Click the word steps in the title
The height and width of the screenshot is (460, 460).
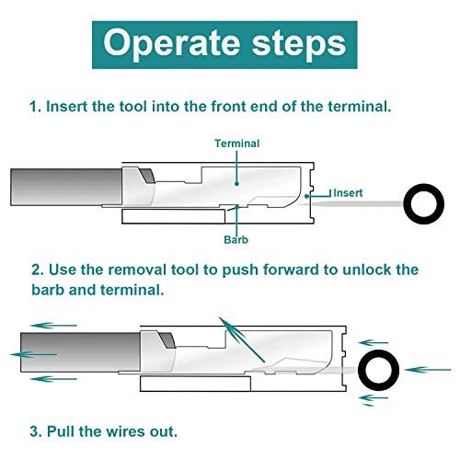click(x=299, y=43)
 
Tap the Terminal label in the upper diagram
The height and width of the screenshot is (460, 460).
click(x=237, y=144)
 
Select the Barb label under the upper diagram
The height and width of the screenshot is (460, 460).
click(x=236, y=239)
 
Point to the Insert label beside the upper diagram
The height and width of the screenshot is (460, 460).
click(x=348, y=193)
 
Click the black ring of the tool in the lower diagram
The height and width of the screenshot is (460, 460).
click(x=361, y=370)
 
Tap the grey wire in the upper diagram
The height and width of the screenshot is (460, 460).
click(x=66, y=187)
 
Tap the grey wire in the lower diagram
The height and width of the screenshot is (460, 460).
click(x=80, y=351)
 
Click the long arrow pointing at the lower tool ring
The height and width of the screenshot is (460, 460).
click(x=428, y=370)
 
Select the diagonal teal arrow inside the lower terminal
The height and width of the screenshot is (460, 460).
click(x=242, y=339)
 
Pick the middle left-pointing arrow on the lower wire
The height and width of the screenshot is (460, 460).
click(x=34, y=354)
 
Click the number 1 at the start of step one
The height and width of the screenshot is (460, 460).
click(x=33, y=107)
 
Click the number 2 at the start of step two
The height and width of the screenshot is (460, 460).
click(x=37, y=270)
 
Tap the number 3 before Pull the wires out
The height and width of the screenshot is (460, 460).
click(x=34, y=431)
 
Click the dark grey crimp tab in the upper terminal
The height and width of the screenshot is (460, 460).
click(x=147, y=176)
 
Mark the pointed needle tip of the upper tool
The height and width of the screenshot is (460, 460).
click(x=298, y=204)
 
